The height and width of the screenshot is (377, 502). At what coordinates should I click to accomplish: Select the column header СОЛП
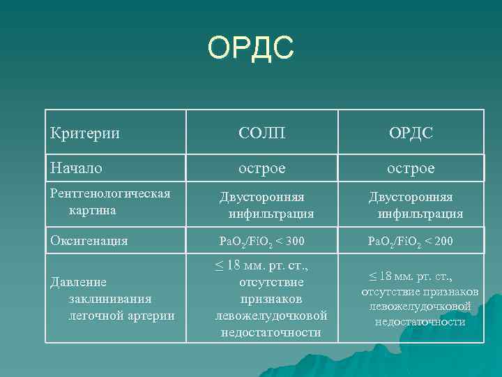point(261,132)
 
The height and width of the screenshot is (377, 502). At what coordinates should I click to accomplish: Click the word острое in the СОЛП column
point(261,168)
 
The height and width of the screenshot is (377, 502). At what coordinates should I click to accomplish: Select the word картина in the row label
point(93,209)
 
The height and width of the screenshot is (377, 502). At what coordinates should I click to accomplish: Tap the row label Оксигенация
point(90,241)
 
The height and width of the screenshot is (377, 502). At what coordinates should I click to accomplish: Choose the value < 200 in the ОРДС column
point(437,242)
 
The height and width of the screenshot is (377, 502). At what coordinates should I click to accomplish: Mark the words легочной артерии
point(120,316)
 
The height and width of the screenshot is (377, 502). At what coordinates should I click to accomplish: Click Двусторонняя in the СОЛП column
point(262,198)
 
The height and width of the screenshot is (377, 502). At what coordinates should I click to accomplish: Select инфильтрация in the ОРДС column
point(420,214)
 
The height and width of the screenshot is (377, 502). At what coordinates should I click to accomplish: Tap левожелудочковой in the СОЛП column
point(272,316)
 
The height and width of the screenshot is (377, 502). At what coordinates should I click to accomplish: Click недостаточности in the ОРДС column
point(420,322)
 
